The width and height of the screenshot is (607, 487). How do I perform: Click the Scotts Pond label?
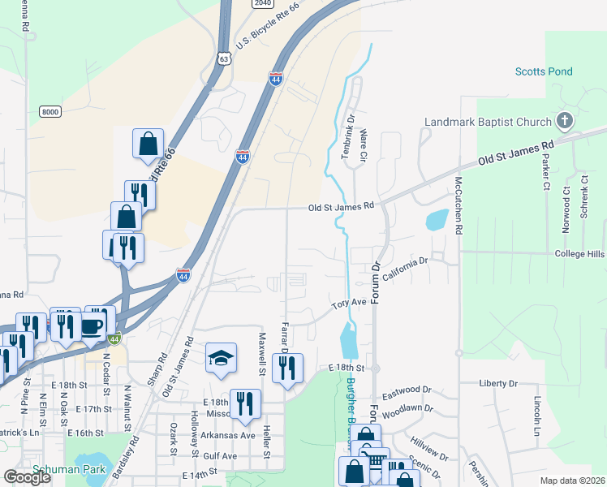coord(543,71)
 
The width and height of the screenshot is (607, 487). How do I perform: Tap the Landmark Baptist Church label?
coord(488,123)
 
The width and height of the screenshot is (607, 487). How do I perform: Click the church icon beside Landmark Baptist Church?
coord(565,122)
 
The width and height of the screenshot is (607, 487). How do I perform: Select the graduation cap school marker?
coord(221,359)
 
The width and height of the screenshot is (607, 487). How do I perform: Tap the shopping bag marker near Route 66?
coord(149,144)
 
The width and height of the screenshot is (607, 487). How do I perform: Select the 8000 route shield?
coord(50,111)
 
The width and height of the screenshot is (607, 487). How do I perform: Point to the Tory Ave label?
coord(350,305)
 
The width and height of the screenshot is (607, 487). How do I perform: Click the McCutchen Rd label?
coord(458,205)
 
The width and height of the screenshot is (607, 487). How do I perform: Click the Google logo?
coord(27,477)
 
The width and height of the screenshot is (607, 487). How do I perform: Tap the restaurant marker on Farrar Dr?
coord(287,368)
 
